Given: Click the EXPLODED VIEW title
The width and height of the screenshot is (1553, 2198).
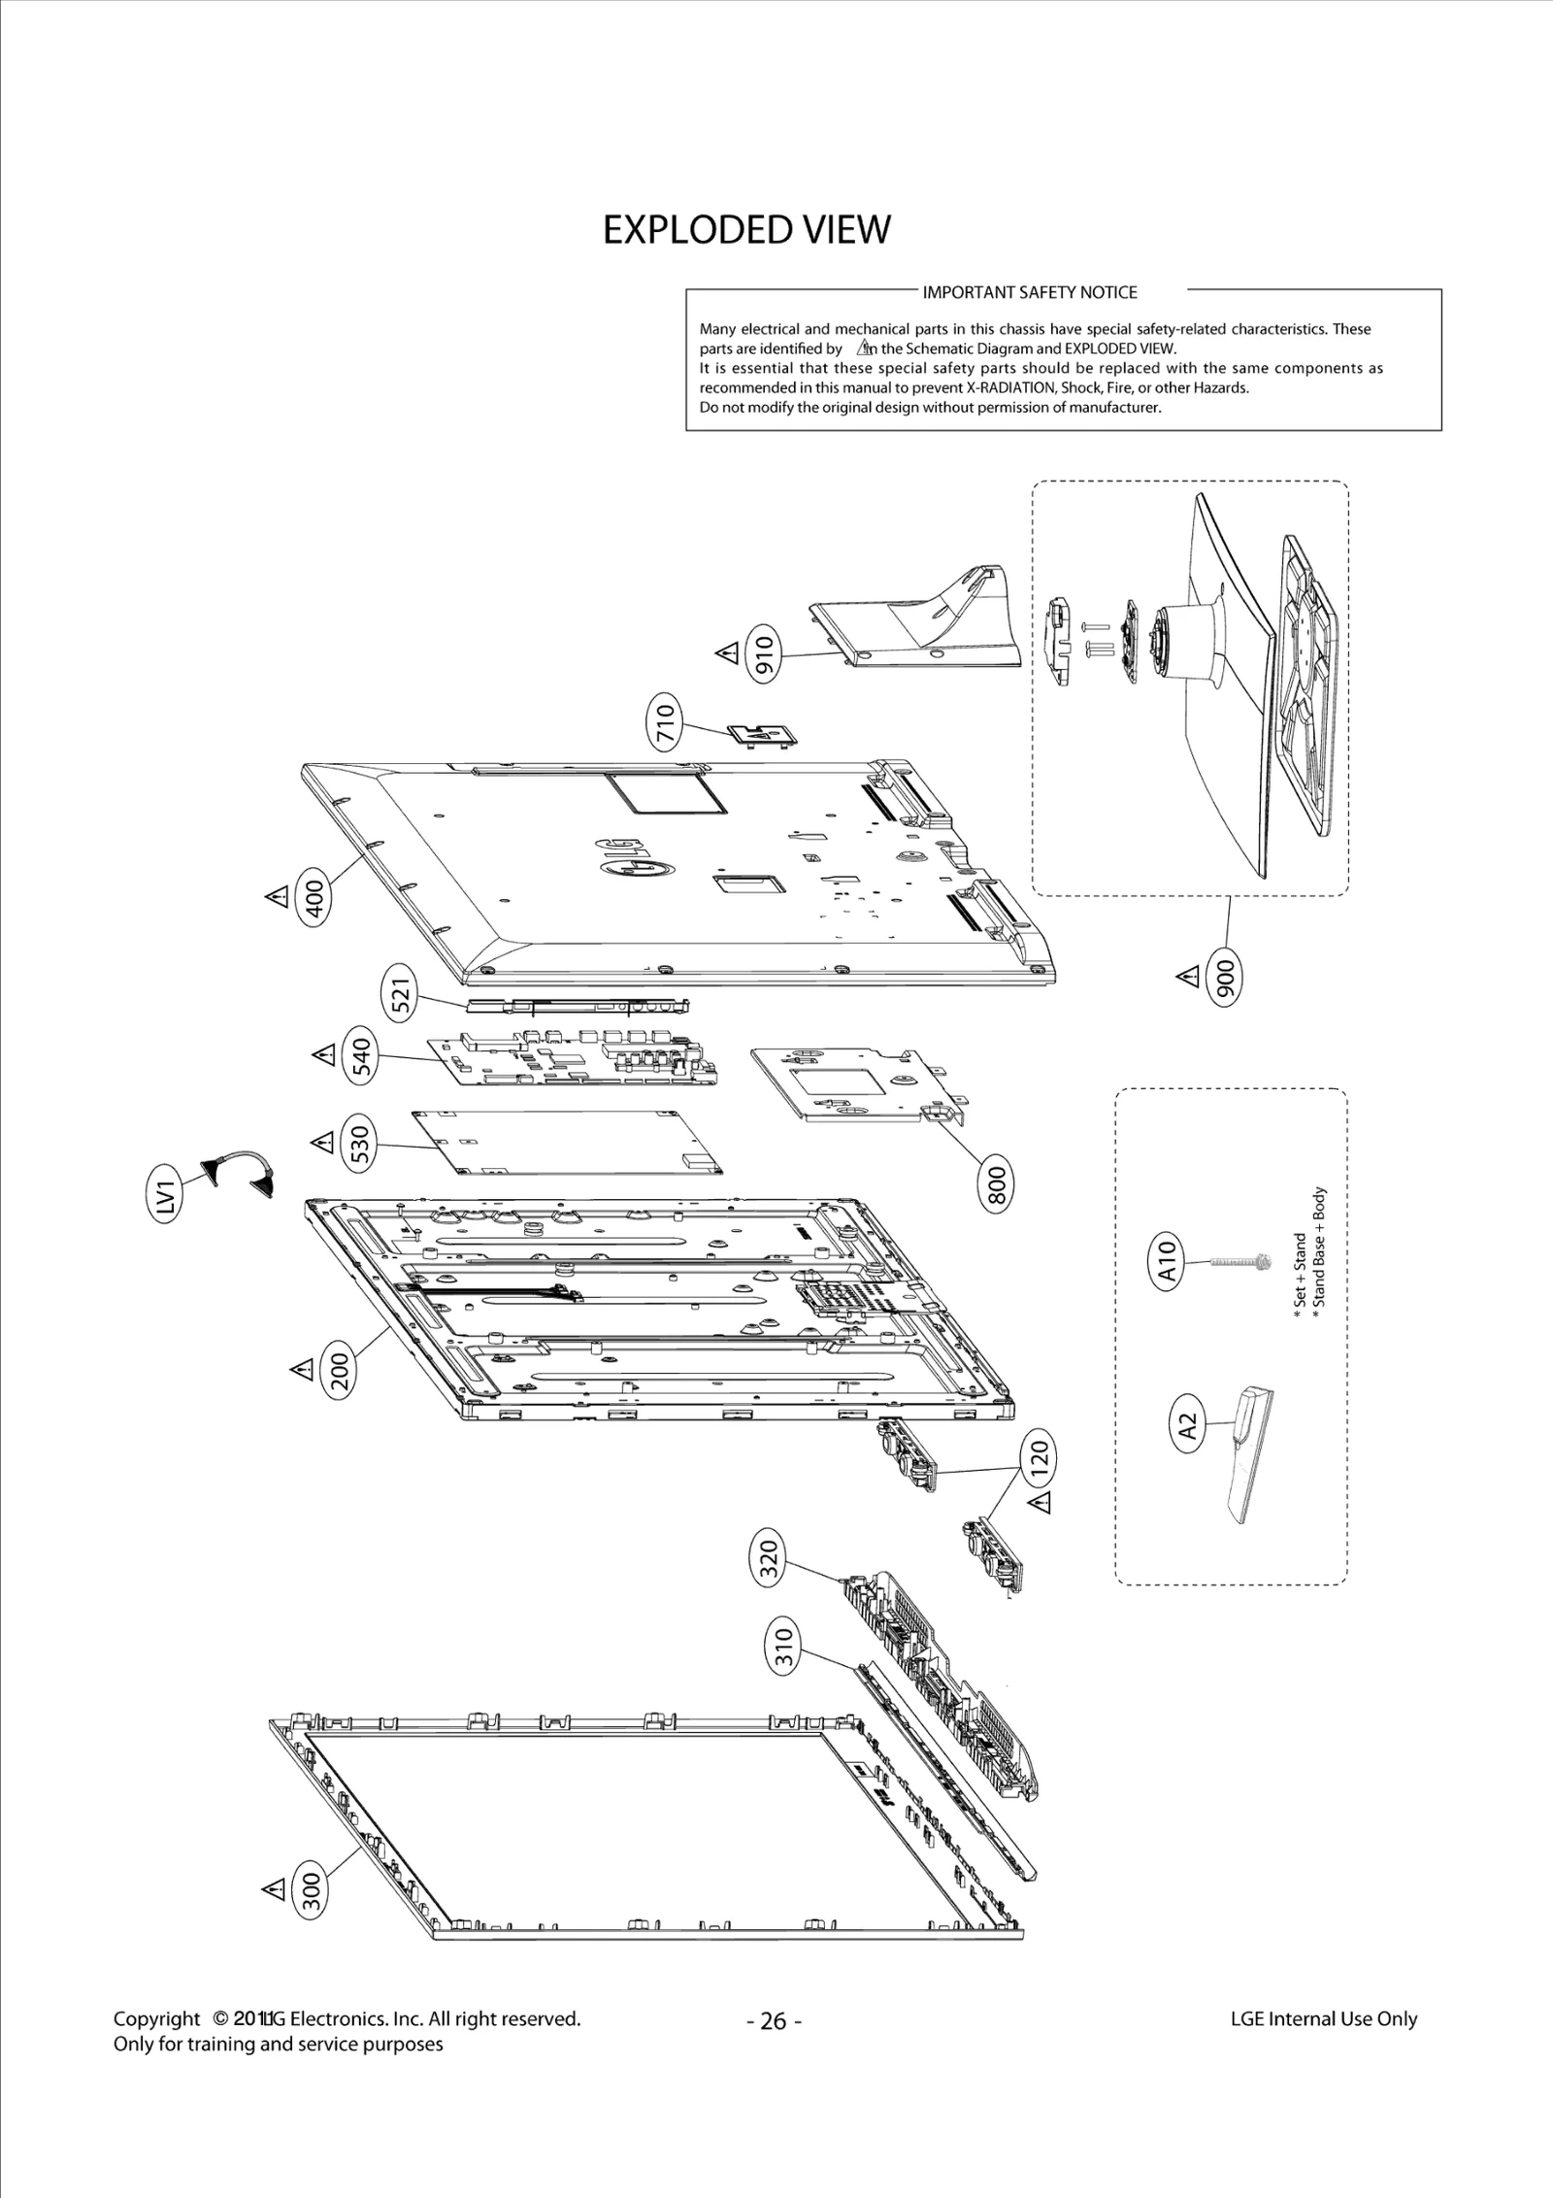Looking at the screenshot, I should point(745,230).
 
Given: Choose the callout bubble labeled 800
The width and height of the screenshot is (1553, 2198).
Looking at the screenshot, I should point(996,1182).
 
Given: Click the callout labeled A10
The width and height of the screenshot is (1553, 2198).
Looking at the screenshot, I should point(1169,1261).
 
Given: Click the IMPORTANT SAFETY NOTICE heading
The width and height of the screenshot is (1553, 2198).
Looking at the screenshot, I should point(1029,292).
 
